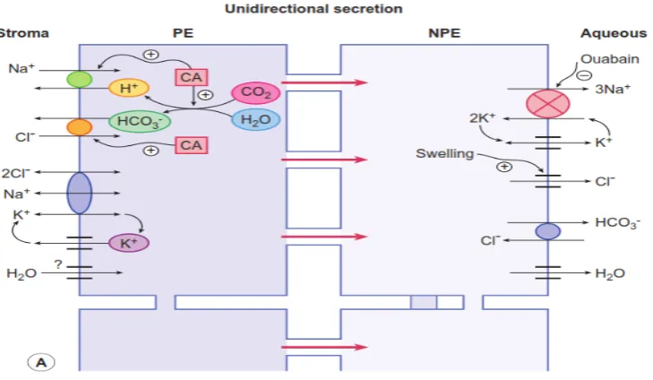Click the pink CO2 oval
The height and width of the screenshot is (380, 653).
pos(255,92)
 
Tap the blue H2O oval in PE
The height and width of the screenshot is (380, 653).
pos(255,120)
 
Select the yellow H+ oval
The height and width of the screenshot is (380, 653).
pos(129,88)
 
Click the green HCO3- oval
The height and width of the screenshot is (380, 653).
pos(140,121)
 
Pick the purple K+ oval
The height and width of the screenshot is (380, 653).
pos(129,243)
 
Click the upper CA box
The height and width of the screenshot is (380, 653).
pos(191,77)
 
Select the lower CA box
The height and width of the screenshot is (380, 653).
pos(191,145)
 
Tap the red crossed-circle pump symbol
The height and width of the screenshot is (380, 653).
pos(547,104)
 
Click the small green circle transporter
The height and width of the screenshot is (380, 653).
pos(79,79)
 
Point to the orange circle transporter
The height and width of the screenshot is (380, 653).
pos(79,127)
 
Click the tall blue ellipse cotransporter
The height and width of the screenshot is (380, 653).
pos(79,193)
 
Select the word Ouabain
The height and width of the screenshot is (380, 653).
pos(610,59)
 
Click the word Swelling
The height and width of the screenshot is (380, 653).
pos(445,154)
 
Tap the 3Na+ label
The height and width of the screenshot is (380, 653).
pos(613,89)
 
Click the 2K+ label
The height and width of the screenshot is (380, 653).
pos(482,118)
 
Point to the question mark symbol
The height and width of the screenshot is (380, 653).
pos(58,264)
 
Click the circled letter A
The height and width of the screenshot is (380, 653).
pos(41,362)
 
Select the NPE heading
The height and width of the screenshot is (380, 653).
pos(444,33)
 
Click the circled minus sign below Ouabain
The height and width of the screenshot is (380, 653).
pos(584,75)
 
